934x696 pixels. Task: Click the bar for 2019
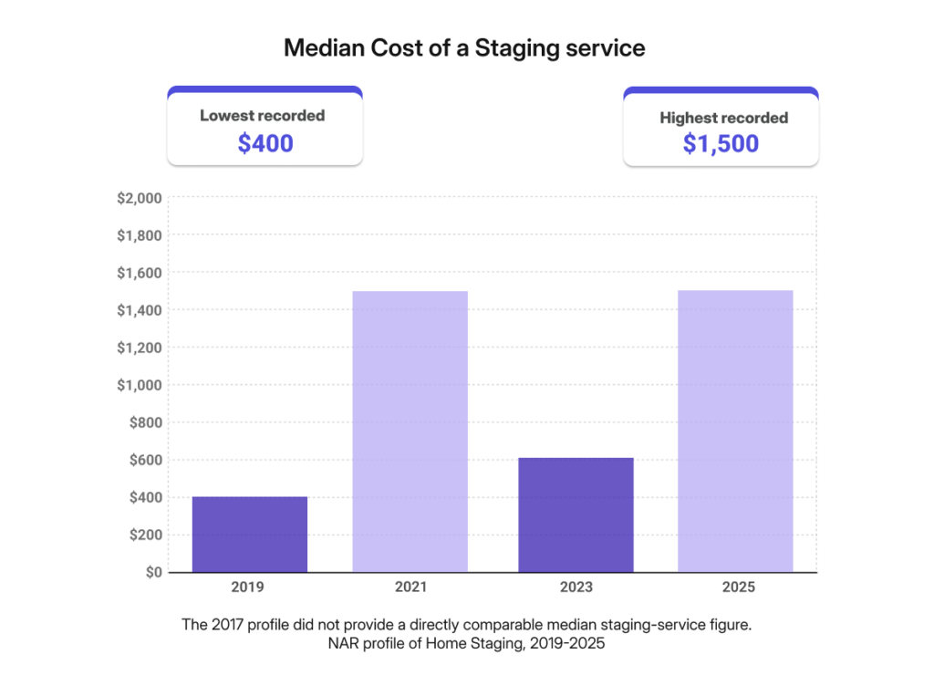249,535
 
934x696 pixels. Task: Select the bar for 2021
410,431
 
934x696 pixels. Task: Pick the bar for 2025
735,431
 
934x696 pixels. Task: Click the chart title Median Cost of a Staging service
464,48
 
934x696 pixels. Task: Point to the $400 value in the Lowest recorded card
265,143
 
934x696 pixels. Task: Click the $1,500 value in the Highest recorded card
721,144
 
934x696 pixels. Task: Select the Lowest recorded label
263,116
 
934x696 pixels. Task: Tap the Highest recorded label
723,118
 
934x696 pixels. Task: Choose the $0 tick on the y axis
151,572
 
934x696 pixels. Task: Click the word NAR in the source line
343,644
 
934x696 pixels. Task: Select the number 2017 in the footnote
225,625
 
